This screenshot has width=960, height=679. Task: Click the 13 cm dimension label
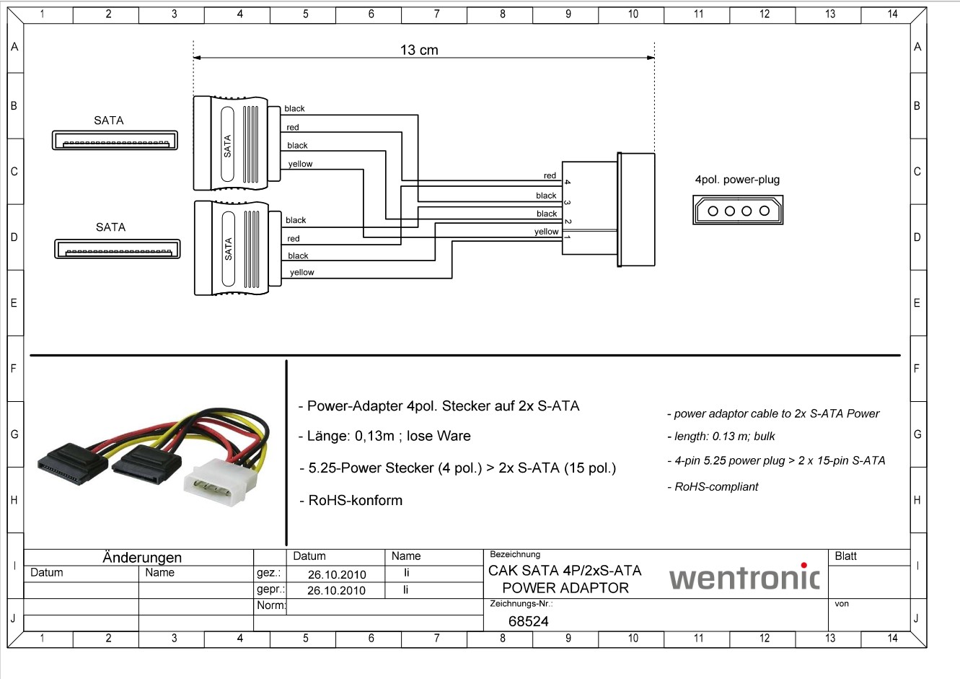(419, 51)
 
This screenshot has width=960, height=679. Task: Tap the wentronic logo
(744, 577)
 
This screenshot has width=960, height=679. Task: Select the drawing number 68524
(529, 621)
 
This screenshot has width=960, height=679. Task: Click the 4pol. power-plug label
(737, 180)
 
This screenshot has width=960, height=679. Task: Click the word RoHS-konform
(356, 500)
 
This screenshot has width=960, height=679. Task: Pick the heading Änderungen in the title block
(142, 557)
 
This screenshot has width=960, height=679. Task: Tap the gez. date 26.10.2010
(337, 574)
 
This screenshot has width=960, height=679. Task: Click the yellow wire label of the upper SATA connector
(301, 164)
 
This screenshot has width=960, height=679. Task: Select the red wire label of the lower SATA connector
(293, 239)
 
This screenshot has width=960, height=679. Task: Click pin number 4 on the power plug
(568, 182)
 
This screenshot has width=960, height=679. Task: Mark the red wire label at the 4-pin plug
(550, 175)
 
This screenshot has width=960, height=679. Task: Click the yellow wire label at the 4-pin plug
(547, 232)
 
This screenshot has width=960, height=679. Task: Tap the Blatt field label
(845, 556)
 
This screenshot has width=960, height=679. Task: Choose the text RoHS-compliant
(716, 486)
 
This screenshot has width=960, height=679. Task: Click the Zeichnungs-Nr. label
(521, 603)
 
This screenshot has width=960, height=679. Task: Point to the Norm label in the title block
(271, 605)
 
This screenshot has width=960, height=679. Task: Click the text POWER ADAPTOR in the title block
(565, 587)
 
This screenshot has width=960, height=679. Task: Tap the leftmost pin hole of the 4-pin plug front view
(713, 211)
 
